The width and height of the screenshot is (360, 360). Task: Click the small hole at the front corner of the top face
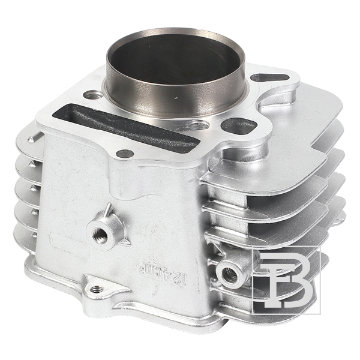(x=124, y=154)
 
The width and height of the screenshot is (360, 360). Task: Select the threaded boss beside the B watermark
(x=229, y=274)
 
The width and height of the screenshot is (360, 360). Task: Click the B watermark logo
(x=287, y=281)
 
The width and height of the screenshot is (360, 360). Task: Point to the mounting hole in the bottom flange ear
(x=97, y=289)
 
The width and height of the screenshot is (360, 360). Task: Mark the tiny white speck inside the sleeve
(x=175, y=95)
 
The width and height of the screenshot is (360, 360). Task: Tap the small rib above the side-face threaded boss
(x=107, y=209)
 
